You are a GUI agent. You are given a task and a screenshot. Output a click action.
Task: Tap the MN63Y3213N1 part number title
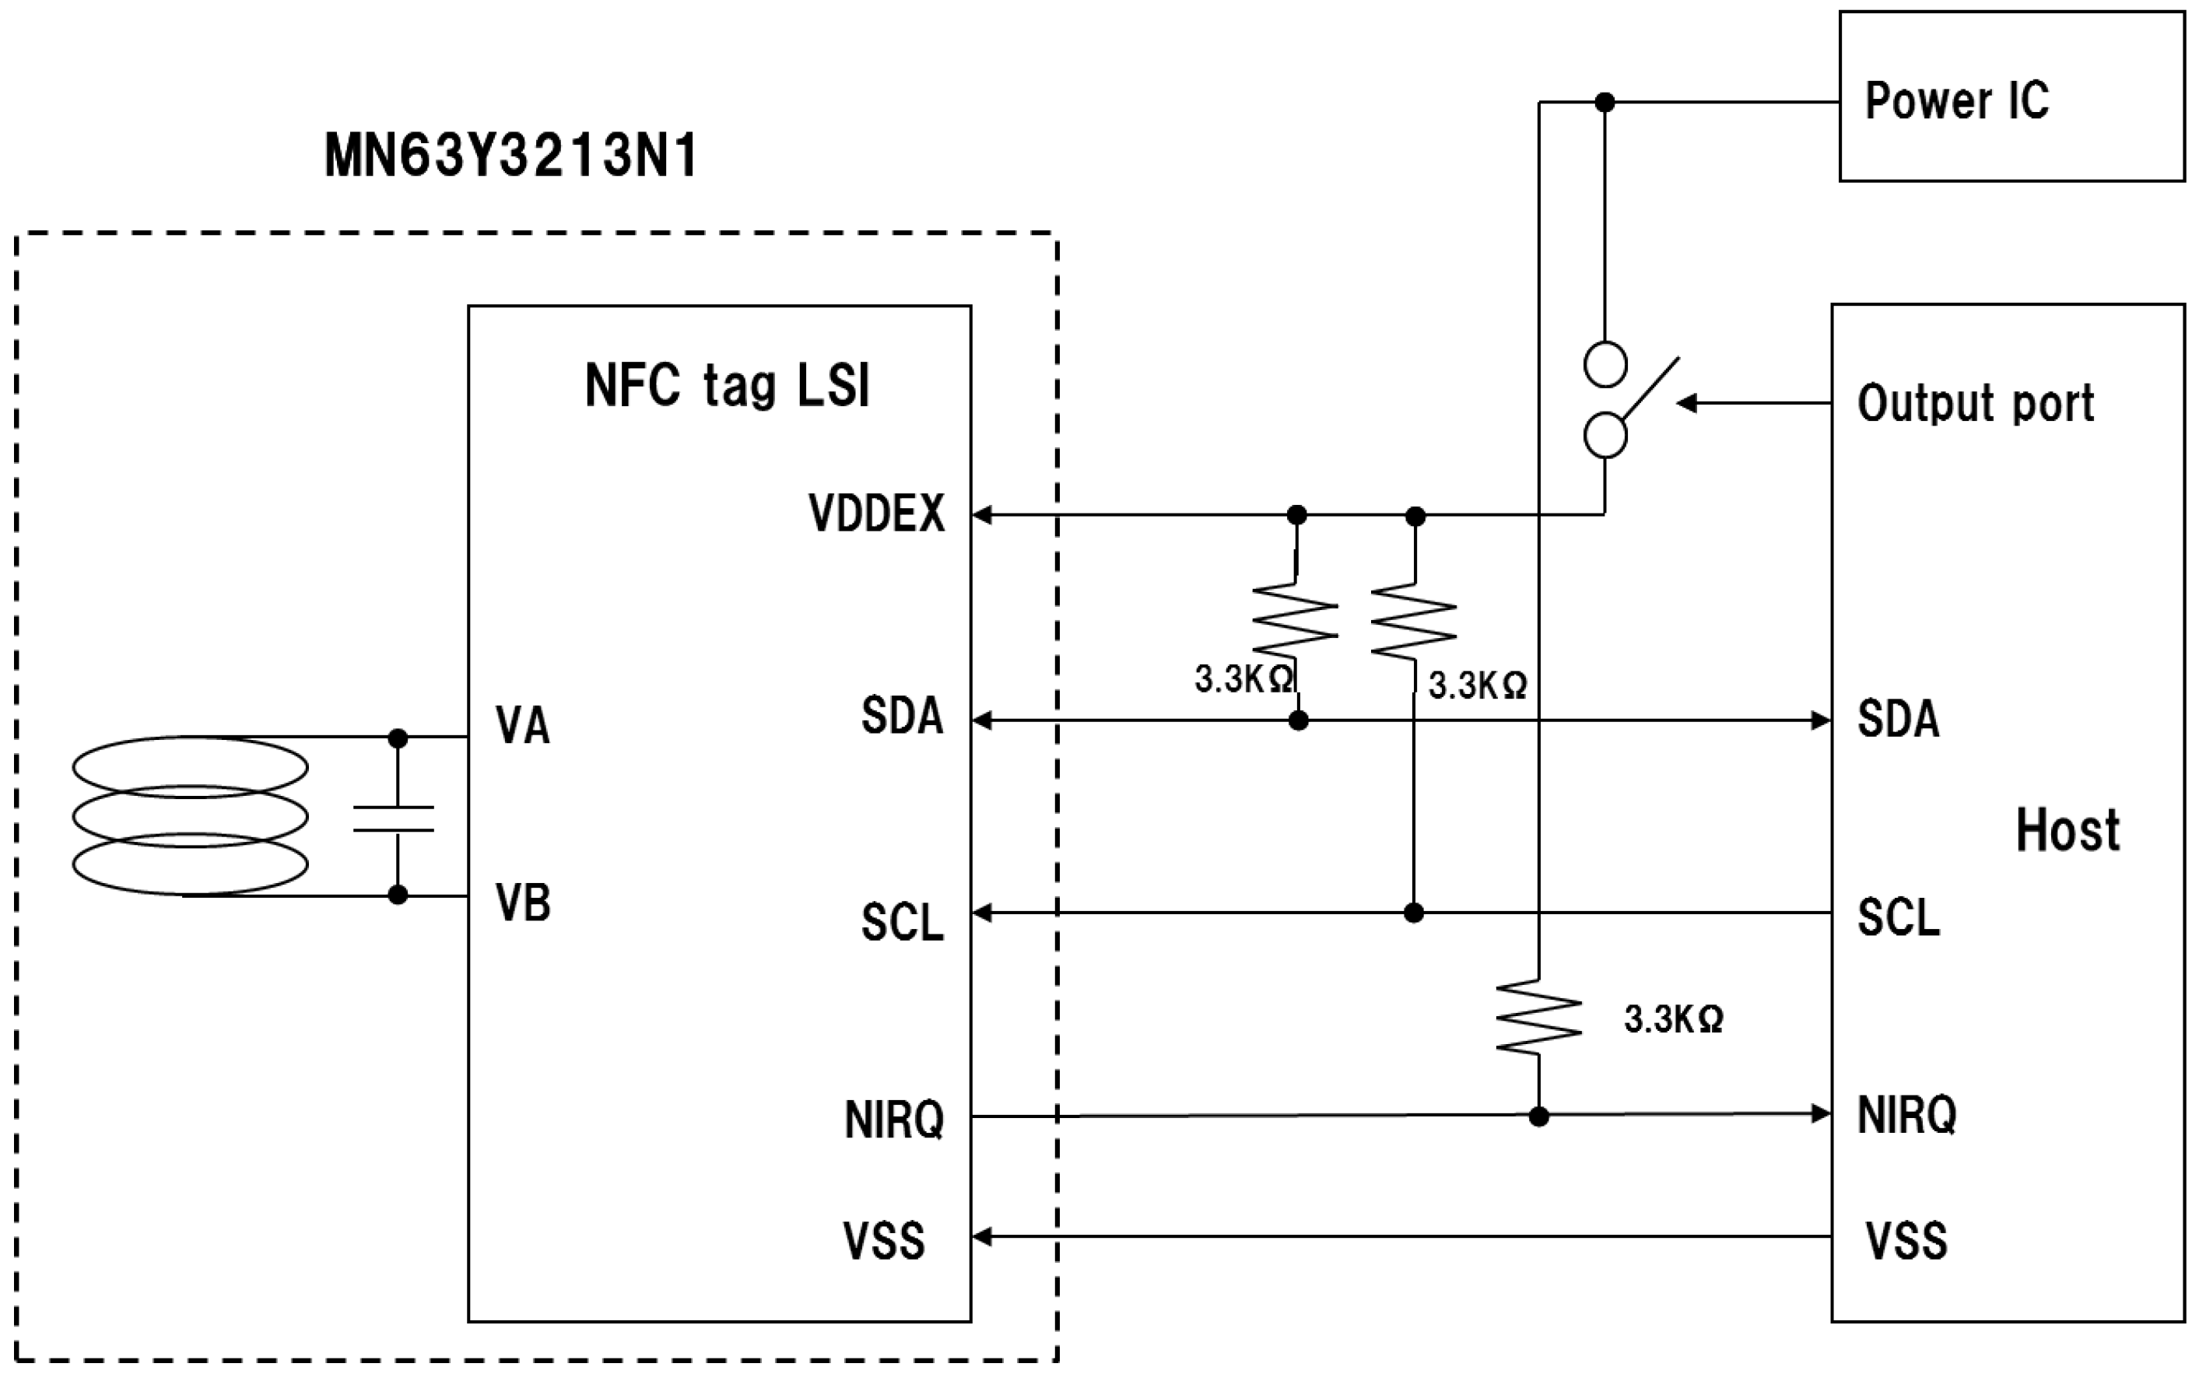510,156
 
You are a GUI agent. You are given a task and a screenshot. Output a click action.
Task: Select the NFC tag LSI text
727,385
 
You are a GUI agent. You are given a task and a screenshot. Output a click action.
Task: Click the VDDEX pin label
876,513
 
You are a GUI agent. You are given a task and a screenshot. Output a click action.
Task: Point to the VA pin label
522,725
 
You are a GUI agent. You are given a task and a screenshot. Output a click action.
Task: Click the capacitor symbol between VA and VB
394,818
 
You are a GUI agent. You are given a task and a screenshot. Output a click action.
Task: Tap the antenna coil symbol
190,816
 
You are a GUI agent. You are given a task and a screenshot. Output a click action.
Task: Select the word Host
2067,829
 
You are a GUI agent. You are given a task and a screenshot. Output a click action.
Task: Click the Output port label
1976,404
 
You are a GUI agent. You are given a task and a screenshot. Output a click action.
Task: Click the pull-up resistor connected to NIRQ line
1538,1017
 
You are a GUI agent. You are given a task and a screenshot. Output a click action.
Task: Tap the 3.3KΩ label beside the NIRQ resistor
1673,1018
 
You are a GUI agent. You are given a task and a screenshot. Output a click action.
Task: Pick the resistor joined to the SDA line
1295,619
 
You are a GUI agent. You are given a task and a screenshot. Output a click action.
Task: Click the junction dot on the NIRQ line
1538,1116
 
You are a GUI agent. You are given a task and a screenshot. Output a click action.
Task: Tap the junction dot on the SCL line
1413,913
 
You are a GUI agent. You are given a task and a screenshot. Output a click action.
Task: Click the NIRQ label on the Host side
1906,1114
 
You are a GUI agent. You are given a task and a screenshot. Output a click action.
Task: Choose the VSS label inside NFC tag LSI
883,1240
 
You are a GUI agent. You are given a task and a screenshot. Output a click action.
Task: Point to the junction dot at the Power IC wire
1605,103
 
